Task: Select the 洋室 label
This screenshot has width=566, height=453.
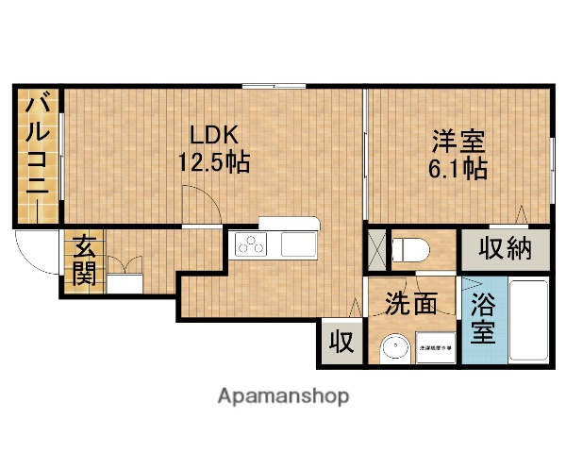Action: click(458, 143)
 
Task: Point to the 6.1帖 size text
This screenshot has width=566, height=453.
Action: click(458, 171)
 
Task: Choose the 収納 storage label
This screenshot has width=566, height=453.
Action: click(507, 249)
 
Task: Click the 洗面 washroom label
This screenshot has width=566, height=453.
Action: click(411, 304)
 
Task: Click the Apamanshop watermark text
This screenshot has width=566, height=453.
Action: click(283, 395)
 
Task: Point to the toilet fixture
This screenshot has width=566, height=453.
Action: click(412, 250)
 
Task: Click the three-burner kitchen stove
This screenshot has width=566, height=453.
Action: click(253, 246)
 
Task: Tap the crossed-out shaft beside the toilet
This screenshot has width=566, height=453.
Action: click(377, 249)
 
